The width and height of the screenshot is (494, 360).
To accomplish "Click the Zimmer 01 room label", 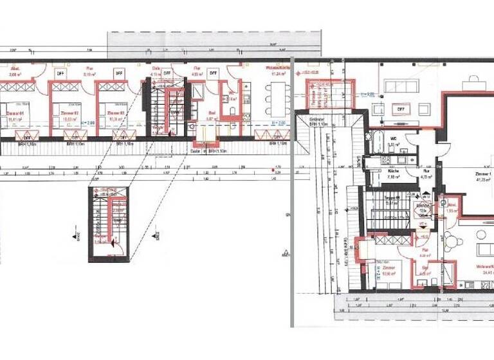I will [x=14, y=115].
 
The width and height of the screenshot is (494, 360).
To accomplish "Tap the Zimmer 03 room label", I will [x=116, y=115].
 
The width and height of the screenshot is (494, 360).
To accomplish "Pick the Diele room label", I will [x=156, y=71].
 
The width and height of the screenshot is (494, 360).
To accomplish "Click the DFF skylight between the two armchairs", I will [x=400, y=109].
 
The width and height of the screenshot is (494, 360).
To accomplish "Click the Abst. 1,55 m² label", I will [x=451, y=208].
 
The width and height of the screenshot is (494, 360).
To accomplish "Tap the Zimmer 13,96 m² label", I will [x=388, y=271].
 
